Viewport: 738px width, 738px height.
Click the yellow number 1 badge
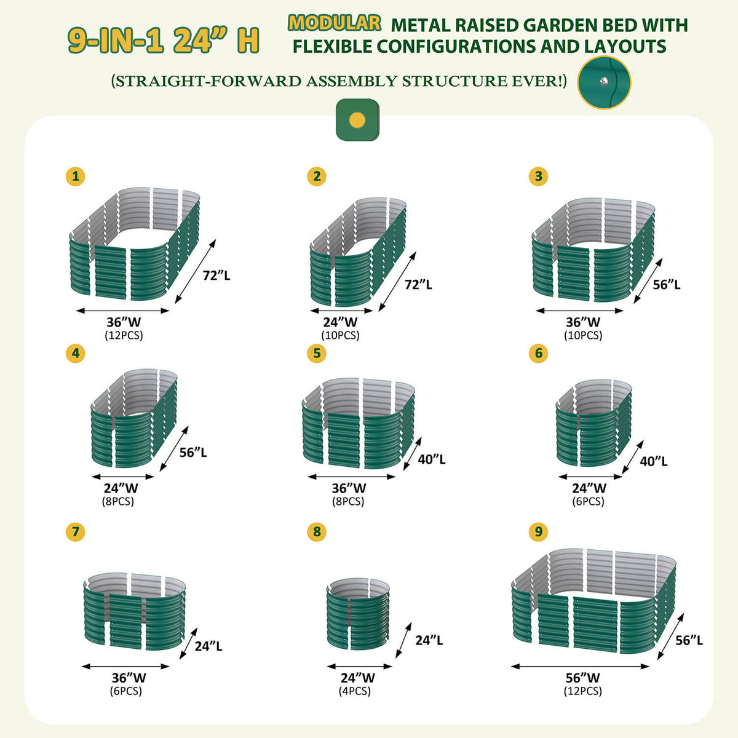[76, 177]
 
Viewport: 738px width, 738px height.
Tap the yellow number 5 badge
[317, 353]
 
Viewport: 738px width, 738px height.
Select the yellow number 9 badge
[539, 531]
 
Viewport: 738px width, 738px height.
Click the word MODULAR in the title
[335, 23]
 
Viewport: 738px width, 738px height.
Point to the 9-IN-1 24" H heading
[163, 41]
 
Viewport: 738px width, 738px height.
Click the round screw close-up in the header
[604, 82]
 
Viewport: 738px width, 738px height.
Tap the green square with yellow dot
[357, 119]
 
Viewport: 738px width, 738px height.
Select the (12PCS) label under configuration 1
[124, 335]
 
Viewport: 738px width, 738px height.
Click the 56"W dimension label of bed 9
[582, 678]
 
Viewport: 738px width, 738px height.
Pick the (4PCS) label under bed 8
[355, 691]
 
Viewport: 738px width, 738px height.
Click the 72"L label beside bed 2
[418, 284]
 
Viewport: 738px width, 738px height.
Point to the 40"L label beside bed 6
[653, 461]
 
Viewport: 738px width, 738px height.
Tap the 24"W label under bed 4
[121, 488]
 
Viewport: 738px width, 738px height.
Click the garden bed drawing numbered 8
[359, 614]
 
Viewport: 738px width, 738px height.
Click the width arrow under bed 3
[580, 311]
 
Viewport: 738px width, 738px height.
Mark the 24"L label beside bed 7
[208, 646]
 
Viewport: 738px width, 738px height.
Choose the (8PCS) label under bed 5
[349, 501]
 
